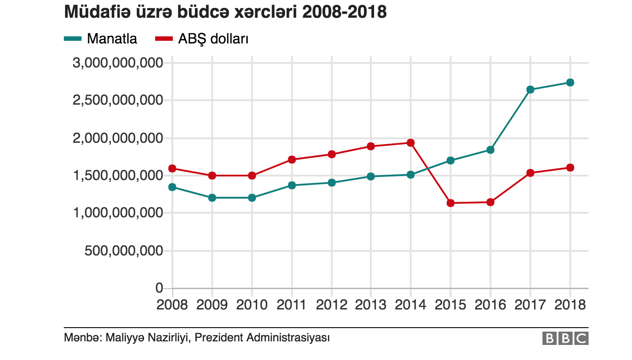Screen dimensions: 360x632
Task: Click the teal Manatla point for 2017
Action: [530, 90]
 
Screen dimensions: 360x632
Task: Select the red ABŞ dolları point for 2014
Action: [411, 143]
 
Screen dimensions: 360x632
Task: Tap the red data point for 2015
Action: [450, 203]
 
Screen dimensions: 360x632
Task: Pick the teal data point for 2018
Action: [570, 82]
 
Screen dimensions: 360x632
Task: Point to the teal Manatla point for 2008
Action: [172, 187]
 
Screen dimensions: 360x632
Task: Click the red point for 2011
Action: [292, 160]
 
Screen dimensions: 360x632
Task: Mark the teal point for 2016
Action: [490, 150]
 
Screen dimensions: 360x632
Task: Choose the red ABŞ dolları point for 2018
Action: [570, 168]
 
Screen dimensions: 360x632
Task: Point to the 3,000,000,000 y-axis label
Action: [117, 63]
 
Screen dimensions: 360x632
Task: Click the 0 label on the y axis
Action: [159, 288]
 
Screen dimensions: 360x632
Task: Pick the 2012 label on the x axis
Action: [332, 305]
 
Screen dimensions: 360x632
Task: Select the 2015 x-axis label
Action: [450, 305]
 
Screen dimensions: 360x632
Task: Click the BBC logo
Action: [565, 339]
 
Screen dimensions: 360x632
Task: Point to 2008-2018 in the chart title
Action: [345, 12]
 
